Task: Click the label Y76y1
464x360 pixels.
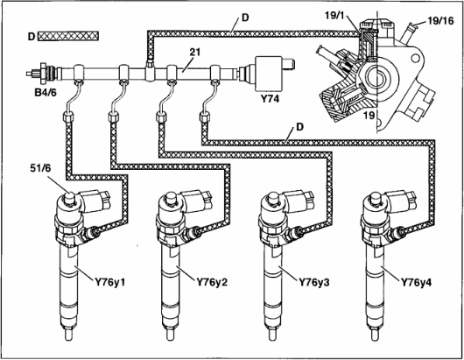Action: [110, 282]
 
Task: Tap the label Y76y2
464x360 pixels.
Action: [212, 282]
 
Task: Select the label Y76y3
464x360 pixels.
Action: [314, 282]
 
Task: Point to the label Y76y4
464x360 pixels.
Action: [417, 282]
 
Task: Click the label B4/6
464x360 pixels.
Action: [46, 93]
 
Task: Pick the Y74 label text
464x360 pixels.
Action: [270, 99]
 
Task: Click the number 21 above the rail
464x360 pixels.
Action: [195, 52]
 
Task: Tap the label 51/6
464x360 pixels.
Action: [40, 168]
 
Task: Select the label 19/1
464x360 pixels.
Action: [335, 16]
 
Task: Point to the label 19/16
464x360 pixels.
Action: [440, 21]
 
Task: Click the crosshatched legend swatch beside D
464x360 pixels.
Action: [68, 36]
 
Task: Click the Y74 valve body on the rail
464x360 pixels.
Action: [270, 73]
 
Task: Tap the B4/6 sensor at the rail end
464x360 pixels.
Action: [45, 73]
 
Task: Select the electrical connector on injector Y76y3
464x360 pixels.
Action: [299, 199]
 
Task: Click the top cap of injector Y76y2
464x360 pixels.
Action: [170, 197]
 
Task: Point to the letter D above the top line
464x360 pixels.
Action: [245, 18]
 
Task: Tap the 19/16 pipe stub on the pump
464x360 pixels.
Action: [410, 31]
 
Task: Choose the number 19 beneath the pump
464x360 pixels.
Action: [369, 116]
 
